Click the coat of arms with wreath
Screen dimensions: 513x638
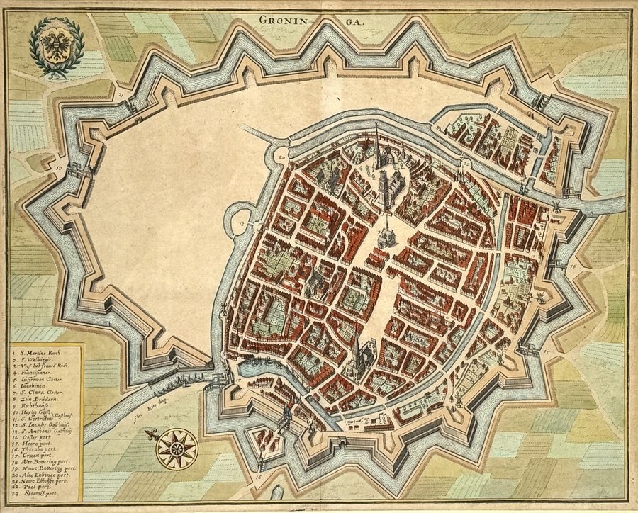pos(56,48)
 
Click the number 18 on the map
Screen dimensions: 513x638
pos(241,225)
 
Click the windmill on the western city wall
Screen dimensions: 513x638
pos(225,310)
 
